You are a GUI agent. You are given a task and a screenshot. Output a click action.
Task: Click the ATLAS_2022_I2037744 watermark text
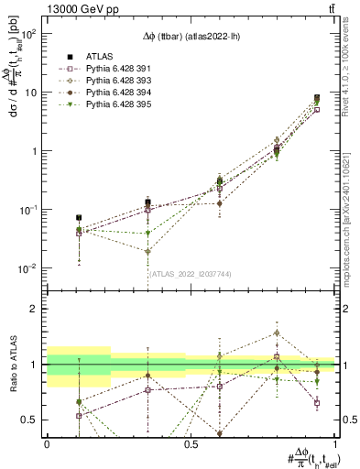191,273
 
